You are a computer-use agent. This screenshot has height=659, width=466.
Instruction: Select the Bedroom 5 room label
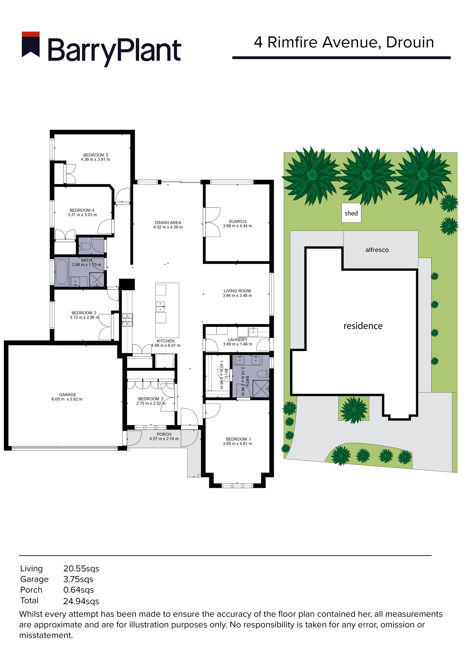click(x=96, y=155)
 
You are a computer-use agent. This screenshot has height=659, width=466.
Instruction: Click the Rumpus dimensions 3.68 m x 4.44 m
click(x=238, y=226)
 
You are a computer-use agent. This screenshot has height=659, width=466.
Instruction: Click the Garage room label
click(x=68, y=395)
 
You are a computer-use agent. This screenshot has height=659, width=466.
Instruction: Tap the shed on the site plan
click(x=351, y=213)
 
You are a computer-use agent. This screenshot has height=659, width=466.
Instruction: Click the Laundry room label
click(x=238, y=340)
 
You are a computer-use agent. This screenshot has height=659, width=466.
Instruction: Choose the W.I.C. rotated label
click(x=226, y=374)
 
